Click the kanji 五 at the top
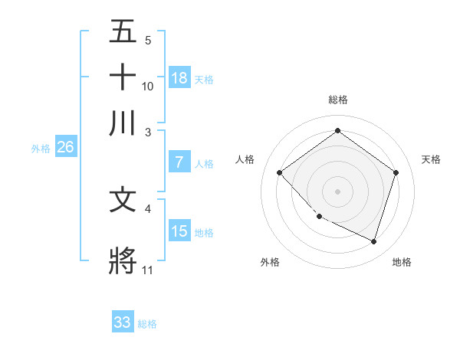[123, 31]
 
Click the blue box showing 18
[179, 77]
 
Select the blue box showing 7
[179, 162]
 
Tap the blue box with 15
[179, 231]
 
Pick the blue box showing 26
[65, 148]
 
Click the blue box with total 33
[122, 322]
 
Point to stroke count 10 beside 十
[148, 86]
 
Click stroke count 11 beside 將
[147, 270]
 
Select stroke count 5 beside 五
[148, 40]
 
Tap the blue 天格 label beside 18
[204, 79]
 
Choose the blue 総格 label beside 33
[147, 324]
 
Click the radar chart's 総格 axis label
[337, 100]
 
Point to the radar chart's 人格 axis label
[245, 159]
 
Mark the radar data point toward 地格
[373, 241]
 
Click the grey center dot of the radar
[337, 191]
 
